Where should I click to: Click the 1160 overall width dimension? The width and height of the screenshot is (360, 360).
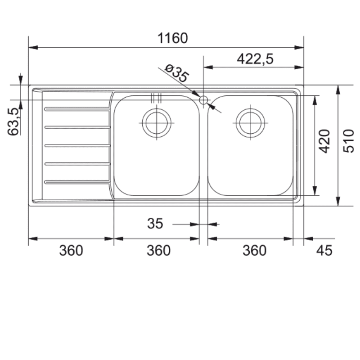(173, 38)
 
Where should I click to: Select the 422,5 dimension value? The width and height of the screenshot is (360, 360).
(255, 59)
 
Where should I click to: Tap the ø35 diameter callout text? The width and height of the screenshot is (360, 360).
(177, 73)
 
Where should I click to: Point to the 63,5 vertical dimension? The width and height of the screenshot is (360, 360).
(13, 121)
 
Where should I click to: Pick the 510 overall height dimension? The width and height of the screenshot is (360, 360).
(348, 141)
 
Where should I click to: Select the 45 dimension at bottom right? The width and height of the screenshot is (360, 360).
(324, 251)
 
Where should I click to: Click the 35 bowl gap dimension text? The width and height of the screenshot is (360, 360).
(155, 223)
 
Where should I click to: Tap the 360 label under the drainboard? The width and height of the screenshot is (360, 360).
(71, 251)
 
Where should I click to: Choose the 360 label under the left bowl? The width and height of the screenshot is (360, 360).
(158, 251)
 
